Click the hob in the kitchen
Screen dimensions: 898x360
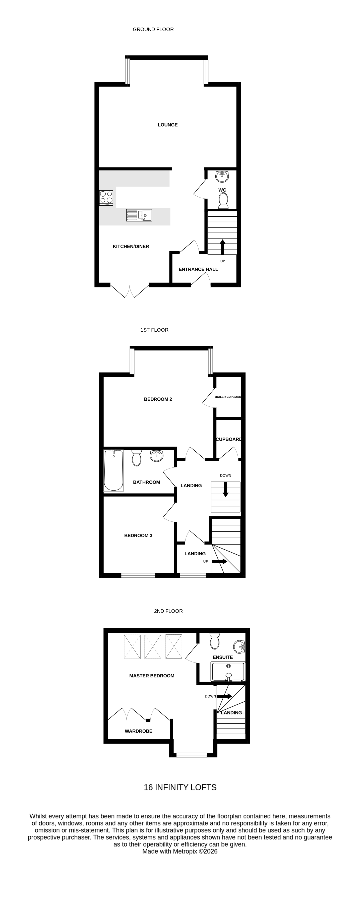click(106, 197)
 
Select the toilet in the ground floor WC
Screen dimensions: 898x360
click(223, 200)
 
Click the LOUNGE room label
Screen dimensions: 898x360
click(168, 125)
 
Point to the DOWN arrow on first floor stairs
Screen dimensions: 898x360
click(225, 489)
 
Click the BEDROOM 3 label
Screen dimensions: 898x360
click(138, 535)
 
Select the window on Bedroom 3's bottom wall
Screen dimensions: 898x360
click(138, 575)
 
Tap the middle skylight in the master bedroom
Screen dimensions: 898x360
click(153, 647)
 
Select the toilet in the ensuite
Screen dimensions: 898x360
click(215, 641)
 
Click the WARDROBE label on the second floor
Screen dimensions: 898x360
click(138, 731)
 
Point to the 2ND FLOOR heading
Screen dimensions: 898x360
click(168, 611)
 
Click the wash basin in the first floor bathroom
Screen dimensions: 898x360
click(156, 456)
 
